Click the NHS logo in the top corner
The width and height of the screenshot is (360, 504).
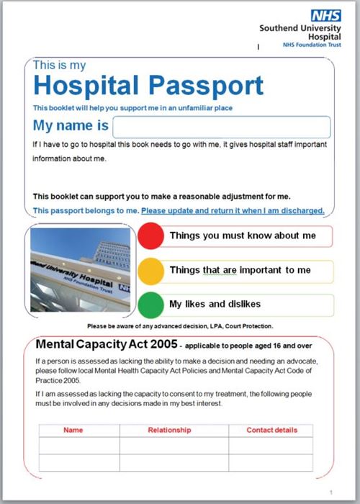[x=320, y=15]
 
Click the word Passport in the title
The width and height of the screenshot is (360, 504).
[x=206, y=86]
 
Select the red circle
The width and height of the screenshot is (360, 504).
[x=151, y=236]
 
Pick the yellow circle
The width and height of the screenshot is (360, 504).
[x=151, y=270]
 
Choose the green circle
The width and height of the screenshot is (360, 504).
[x=151, y=304]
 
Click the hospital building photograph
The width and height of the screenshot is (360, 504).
[x=81, y=270]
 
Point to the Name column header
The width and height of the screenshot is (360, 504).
[x=73, y=430]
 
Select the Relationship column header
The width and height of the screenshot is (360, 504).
[x=169, y=430]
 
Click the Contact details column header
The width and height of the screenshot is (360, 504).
[x=271, y=430]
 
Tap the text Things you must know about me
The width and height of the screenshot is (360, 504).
[x=243, y=235]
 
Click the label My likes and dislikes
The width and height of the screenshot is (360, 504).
[x=215, y=304]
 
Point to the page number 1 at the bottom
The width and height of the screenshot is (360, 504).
[x=330, y=492]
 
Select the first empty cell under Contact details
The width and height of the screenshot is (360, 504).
[x=271, y=446]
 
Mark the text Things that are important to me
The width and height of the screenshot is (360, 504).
[x=240, y=270]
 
